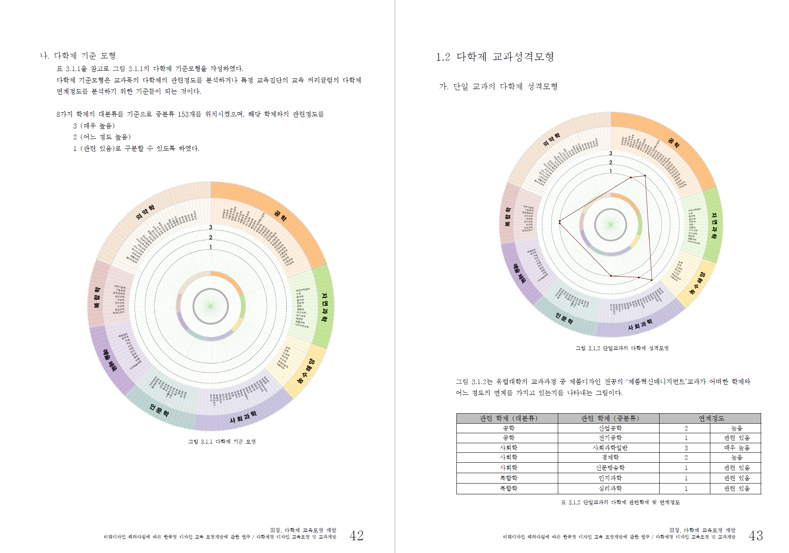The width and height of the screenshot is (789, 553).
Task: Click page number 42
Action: point(356,535)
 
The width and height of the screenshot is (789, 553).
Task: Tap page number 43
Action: point(755,535)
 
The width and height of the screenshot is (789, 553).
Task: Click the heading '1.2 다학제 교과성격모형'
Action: point(495,57)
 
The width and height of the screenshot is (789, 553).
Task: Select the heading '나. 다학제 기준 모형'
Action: point(78,55)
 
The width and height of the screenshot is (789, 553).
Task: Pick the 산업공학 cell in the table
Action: point(610,428)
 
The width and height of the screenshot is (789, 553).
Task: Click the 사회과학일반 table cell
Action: point(610,448)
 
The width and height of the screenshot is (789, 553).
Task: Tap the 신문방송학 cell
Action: point(610,468)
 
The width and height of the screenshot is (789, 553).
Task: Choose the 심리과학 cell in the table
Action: point(610,488)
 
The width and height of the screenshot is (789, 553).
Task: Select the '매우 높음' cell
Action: point(737,448)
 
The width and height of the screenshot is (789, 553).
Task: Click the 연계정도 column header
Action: point(711,418)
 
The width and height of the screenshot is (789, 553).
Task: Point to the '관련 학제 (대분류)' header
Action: point(508,418)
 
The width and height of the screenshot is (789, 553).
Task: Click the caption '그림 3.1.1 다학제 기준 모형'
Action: point(222,442)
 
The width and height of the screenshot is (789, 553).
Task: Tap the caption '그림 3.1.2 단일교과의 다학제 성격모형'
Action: point(622,348)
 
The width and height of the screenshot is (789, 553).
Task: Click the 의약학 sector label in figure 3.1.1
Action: point(145,212)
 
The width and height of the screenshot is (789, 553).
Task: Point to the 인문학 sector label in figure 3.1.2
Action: point(564,318)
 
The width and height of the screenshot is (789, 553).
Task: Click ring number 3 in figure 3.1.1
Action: point(211,227)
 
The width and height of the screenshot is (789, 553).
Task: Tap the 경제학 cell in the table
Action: point(610,457)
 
